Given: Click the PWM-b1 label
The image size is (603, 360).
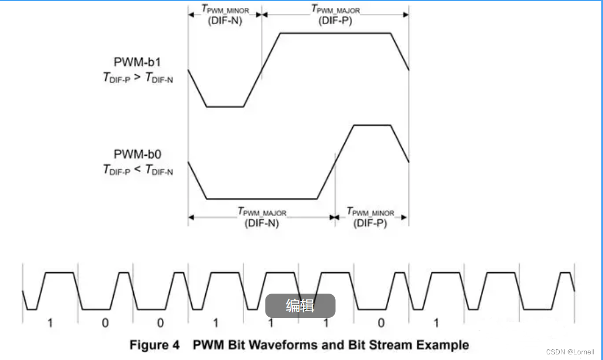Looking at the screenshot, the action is [137, 61].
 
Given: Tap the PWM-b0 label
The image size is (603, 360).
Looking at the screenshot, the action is [137, 154].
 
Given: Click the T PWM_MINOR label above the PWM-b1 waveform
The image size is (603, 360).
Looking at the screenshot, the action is [225, 10].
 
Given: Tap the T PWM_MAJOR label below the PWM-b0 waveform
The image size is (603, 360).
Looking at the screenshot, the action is [262, 212].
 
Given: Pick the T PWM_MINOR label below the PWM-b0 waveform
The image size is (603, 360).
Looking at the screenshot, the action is [370, 212].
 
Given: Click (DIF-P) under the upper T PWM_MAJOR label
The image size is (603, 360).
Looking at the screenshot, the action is [335, 21].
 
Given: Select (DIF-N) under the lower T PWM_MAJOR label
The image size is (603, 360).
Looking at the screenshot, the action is [262, 223].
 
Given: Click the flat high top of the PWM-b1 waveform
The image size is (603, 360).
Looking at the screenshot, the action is [335, 33].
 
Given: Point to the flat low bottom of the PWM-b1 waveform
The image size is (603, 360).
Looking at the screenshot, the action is [225, 106].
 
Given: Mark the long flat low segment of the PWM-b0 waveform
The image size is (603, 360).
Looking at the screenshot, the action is [262, 199].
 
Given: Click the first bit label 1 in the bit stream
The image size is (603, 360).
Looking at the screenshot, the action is [50, 323].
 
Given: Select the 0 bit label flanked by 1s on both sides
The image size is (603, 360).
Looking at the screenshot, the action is [381, 323].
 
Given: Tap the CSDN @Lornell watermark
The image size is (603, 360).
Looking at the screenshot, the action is [569, 352].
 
